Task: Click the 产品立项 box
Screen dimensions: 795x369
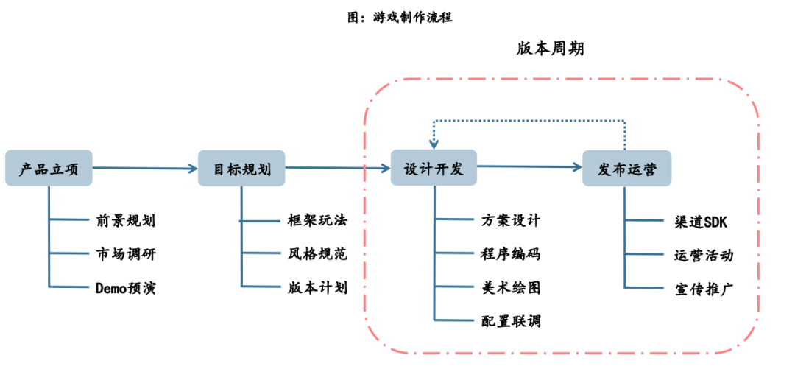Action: point(49,168)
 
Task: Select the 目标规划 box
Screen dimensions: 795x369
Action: point(241,168)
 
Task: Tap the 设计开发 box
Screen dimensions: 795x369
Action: point(434,168)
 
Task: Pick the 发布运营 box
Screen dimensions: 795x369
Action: point(626,169)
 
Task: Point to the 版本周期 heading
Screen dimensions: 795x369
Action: point(550,49)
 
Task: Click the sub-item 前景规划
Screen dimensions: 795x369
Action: point(125,221)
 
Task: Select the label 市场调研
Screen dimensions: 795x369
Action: point(125,254)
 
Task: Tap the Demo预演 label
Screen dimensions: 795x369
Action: point(125,288)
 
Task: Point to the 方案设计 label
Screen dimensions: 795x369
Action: point(511,220)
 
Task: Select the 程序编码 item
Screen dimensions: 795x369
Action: point(511,254)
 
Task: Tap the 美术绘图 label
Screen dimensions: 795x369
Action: point(511,288)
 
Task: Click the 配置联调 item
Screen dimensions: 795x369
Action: point(511,321)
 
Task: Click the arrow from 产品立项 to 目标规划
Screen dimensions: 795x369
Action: point(145,168)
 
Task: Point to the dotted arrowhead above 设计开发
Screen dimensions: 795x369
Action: point(434,144)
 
